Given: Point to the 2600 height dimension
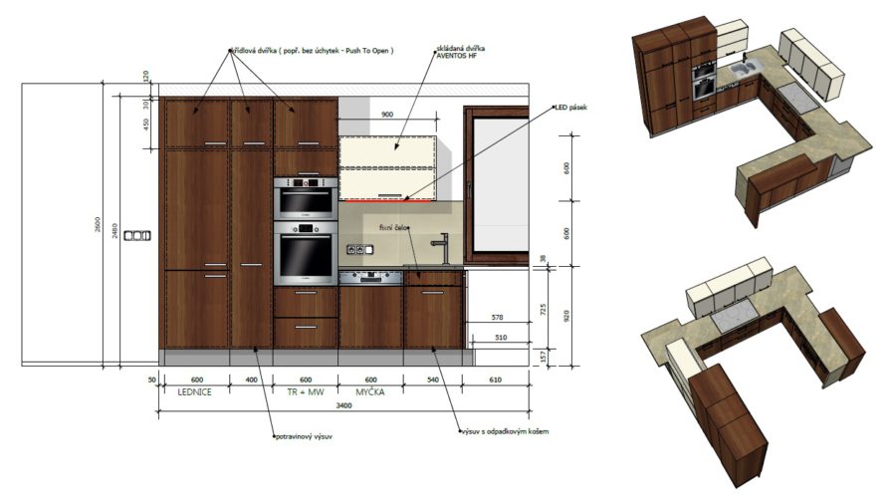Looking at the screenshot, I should pyautogui.click(x=99, y=227).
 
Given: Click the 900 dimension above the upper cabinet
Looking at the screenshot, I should pyautogui.click(x=387, y=116).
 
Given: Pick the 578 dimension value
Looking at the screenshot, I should pyautogui.click(x=498, y=318).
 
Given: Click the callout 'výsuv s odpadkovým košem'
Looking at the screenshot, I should pyautogui.click(x=503, y=431).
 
